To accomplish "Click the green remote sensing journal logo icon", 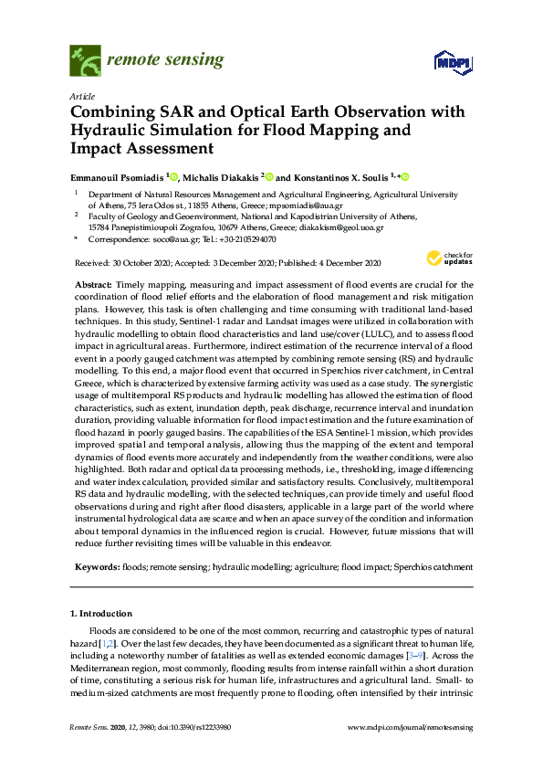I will pyautogui.click(x=85, y=62).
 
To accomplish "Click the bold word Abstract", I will pyautogui.click(x=92, y=284).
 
